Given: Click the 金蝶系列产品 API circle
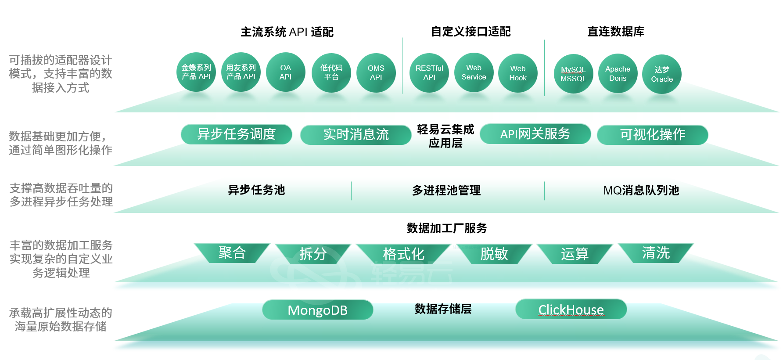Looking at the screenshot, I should [x=196, y=72].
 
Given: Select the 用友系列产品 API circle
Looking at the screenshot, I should [x=241, y=72].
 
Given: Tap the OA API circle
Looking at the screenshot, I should [x=286, y=72].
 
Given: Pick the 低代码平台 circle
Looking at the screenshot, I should [x=331, y=72].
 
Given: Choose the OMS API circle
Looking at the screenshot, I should [x=376, y=72].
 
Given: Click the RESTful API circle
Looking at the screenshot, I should [x=429, y=72].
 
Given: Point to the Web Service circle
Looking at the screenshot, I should [x=474, y=72].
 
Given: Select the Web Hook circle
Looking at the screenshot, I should [x=518, y=73].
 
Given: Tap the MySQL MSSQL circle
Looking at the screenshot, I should [x=573, y=74].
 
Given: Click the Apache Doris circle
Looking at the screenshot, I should [x=618, y=73].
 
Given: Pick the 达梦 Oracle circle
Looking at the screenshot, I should [x=662, y=74].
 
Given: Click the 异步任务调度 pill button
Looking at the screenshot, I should [x=237, y=134].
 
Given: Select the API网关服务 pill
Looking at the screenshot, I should [x=535, y=134].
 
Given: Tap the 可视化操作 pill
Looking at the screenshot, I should [x=653, y=134].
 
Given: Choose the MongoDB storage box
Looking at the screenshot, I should [x=318, y=310].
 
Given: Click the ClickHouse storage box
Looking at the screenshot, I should [x=571, y=310].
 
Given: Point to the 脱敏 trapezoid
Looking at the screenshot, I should [x=494, y=253].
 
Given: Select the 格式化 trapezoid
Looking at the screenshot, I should [x=403, y=254].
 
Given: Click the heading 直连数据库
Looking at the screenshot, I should [x=616, y=32].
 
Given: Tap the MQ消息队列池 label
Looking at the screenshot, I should [x=641, y=190].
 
